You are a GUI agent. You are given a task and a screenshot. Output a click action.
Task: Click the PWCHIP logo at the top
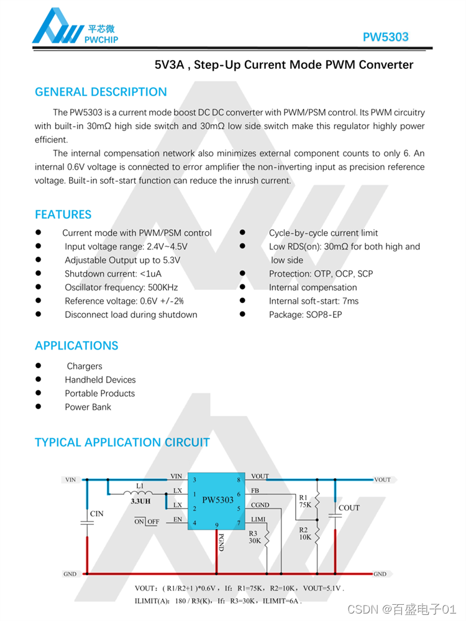75,28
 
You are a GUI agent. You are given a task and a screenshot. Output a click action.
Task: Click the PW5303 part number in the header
385,37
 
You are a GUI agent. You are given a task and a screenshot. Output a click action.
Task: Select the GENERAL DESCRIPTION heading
101,92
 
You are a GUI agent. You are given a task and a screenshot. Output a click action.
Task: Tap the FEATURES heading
63,214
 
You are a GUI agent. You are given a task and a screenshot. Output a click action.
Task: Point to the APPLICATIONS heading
76,345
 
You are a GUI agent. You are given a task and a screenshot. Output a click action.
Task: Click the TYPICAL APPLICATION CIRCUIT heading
122,442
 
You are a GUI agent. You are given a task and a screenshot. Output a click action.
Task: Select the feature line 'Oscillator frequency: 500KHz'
121,288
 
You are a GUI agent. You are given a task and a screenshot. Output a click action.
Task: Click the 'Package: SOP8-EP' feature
305,315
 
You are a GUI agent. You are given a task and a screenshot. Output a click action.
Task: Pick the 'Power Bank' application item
88,407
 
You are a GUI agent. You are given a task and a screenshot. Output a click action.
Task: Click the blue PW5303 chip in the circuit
217,500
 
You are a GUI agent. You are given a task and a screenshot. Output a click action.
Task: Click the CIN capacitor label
97,514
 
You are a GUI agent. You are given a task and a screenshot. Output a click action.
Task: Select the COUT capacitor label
349,508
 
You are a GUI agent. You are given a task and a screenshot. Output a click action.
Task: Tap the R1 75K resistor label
304,501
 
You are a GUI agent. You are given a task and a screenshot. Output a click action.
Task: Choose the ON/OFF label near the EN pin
146,522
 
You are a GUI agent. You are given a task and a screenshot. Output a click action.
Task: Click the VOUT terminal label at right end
383,479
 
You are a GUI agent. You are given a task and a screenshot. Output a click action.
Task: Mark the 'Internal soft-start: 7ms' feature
313,301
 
